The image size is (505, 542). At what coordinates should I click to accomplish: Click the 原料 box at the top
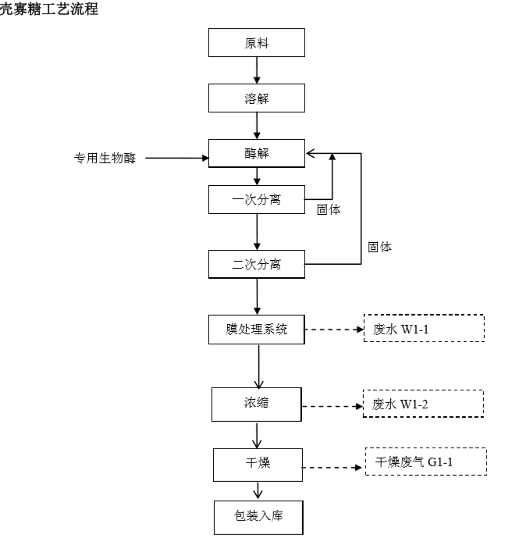pos(256,43)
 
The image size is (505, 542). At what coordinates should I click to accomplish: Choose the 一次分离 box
pos(256,199)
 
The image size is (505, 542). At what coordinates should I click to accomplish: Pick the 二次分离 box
pos(256,264)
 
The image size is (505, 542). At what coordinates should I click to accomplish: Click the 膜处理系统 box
pos(256,329)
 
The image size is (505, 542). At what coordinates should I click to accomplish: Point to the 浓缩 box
pos(256,403)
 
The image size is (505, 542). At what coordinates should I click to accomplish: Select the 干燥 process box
pos(256,463)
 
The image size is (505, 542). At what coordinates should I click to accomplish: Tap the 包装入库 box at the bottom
pos(256,516)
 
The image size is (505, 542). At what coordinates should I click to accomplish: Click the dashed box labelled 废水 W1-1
pos(425,329)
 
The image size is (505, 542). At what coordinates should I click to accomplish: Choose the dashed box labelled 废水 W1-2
pos(425,404)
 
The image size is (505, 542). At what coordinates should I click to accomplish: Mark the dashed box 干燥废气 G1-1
pos(425,462)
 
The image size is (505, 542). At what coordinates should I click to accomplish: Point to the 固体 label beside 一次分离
pos(329,209)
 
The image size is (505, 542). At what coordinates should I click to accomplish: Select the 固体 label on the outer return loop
pos(380,247)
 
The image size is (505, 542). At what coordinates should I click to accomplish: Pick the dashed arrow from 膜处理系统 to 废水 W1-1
pos(333,330)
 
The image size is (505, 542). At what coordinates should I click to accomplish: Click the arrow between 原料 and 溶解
pos(256,70)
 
